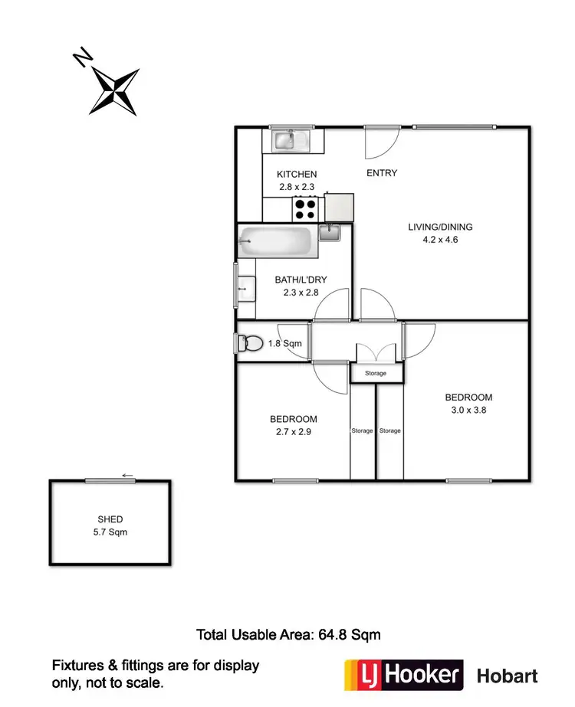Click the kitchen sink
pyautogui.click(x=286, y=140)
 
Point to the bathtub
pyautogui.click(x=276, y=243)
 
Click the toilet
pyautogui.click(x=249, y=344)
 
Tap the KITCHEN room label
pyautogui.click(x=297, y=175)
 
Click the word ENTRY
pyautogui.click(x=382, y=173)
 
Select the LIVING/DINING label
pyautogui.click(x=440, y=227)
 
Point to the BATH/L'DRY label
pyautogui.click(x=297, y=280)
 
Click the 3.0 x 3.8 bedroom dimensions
pyautogui.click(x=468, y=410)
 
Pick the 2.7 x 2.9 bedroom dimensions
pyautogui.click(x=293, y=431)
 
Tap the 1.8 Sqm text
pyautogui.click(x=284, y=344)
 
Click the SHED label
pyautogui.click(x=110, y=519)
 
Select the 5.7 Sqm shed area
pyautogui.click(x=110, y=532)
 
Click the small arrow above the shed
pyautogui.click(x=128, y=476)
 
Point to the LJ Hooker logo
pyautogui.click(x=404, y=675)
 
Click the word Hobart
pyautogui.click(x=508, y=676)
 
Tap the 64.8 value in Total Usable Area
pyautogui.click(x=337, y=634)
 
